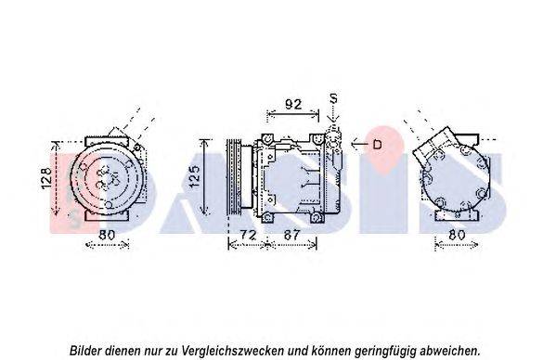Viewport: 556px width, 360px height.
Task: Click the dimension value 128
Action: click(46, 178)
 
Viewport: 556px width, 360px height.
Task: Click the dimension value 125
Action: click(194, 176)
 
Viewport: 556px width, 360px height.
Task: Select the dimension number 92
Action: click(293, 104)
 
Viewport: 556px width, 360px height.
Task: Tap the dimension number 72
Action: click(248, 235)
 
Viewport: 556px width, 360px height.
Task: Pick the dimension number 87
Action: click(291, 235)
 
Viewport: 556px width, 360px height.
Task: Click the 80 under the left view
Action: click(107, 235)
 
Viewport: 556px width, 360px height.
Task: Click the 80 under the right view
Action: click(457, 235)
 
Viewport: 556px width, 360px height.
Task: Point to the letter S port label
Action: click(333, 98)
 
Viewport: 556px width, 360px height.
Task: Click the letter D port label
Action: click(377, 144)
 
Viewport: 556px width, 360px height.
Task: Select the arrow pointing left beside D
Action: click(360, 144)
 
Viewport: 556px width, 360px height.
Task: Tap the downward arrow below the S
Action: click(333, 114)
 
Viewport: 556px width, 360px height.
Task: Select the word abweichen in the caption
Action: click(449, 351)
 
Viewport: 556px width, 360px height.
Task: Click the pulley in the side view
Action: click(234, 177)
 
